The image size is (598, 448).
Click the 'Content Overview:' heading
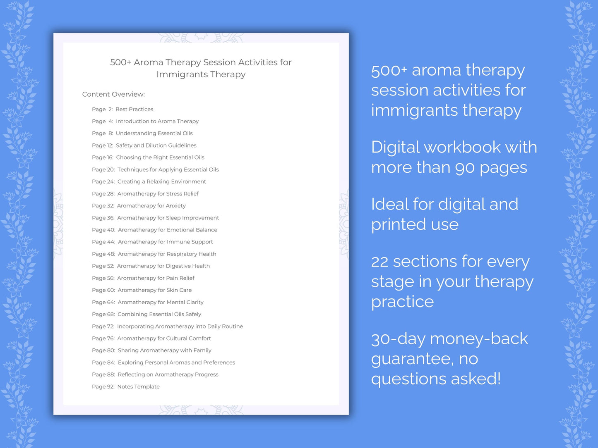pos(113,94)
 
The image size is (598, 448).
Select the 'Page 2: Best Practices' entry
pos(122,110)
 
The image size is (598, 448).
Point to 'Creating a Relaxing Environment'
pos(161,182)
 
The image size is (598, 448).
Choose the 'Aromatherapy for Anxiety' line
pos(151,206)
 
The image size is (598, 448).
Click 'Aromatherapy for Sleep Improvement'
pos(168,218)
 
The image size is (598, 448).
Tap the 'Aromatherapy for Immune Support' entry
pos(166,242)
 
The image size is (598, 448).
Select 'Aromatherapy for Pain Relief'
pos(156,278)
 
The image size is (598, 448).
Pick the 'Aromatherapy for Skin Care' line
pos(155,290)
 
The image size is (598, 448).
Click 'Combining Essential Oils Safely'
pos(159,315)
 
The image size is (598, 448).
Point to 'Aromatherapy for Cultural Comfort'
pos(164,338)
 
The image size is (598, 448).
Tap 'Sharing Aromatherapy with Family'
pos(164,350)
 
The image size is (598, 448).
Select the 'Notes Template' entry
pos(138,387)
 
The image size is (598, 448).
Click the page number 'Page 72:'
pos(103,326)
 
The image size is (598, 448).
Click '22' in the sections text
pos(379,262)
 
